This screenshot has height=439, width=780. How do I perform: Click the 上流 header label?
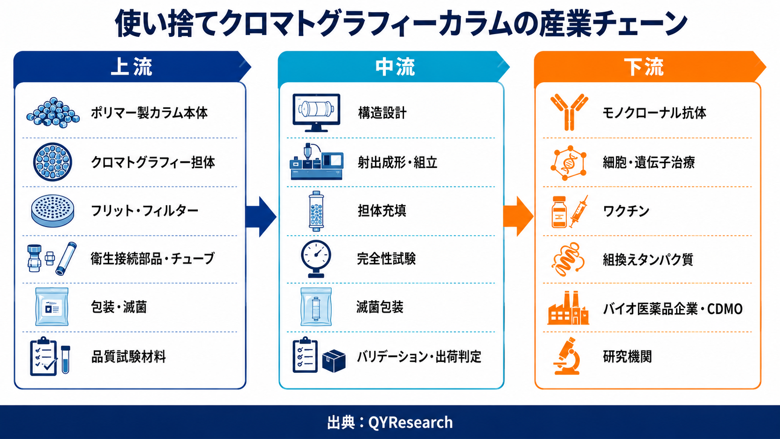pyautogui.click(x=131, y=67)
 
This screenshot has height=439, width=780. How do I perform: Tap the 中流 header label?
pyautogui.click(x=395, y=67)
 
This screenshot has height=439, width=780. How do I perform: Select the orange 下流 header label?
pyautogui.click(x=643, y=67)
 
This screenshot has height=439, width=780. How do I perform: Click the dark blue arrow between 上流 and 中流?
pyautogui.click(x=261, y=216)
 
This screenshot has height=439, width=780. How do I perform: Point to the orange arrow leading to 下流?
pyautogui.click(x=518, y=216)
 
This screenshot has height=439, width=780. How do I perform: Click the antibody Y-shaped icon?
pyautogui.click(x=569, y=112)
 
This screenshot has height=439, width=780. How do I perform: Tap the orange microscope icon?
pyautogui.click(x=567, y=356)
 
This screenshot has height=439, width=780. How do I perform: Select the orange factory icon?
pyautogui.click(x=568, y=308)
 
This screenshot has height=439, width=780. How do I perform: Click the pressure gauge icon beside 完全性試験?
pyautogui.click(x=316, y=258)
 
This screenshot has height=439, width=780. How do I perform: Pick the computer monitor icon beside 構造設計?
pyautogui.click(x=316, y=112)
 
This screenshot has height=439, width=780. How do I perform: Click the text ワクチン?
pyautogui.click(x=626, y=211)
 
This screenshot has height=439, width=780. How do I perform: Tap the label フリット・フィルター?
pyautogui.click(x=145, y=210)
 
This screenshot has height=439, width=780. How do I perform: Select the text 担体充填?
pyautogui.click(x=382, y=210)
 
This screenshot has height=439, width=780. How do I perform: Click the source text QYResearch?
pyautogui.click(x=411, y=422)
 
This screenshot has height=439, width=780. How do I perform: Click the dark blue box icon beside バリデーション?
pyautogui.click(x=334, y=361)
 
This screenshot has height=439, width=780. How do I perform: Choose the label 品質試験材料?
pyautogui.click(x=128, y=357)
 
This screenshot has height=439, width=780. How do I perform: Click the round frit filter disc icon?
pyautogui.click(x=53, y=210)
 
